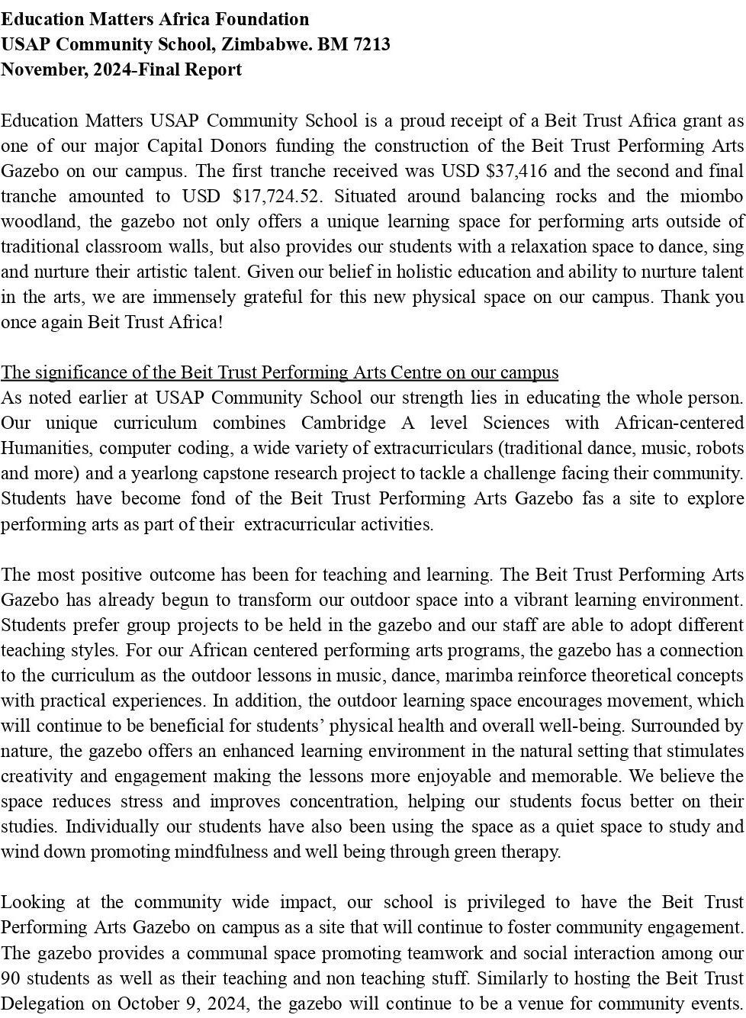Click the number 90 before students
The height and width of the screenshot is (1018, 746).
[x=11, y=978]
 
